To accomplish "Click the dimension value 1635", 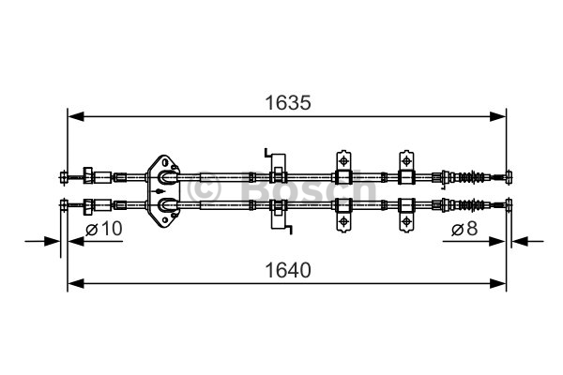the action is click(288, 103).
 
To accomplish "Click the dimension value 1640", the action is click(288, 270).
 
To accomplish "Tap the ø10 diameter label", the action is click(104, 229).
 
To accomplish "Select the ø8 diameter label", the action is click(464, 229).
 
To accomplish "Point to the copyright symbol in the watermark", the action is click(204, 188).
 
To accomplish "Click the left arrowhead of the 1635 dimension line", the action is click(76, 116).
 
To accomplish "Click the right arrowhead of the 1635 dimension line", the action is click(497, 116).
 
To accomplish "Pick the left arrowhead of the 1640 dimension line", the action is click(76, 283).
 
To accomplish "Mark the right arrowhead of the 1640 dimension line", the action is click(497, 283).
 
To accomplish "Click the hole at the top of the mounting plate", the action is click(165, 162).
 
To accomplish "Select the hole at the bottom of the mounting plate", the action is click(165, 219).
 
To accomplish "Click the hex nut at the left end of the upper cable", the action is click(88, 175).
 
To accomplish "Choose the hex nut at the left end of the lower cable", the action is click(88, 206).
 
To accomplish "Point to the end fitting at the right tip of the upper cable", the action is click(509, 177).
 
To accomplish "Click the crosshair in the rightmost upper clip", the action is click(406, 160).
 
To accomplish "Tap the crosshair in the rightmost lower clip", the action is click(406, 221).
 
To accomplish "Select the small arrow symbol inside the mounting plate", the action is click(159, 190).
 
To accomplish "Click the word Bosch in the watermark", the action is click(309, 187).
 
